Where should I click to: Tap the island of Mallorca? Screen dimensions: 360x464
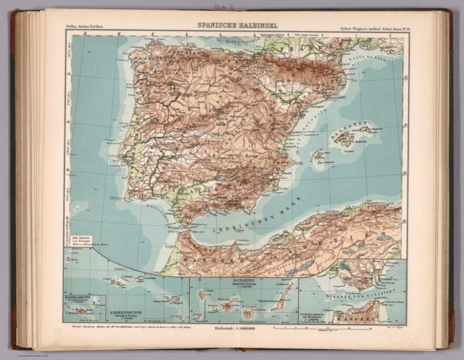pyautogui.click(x=346, y=140)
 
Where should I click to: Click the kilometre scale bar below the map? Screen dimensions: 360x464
pyautogui.click(x=305, y=328)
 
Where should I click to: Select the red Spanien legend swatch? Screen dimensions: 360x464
pyautogui.click(x=74, y=238)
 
